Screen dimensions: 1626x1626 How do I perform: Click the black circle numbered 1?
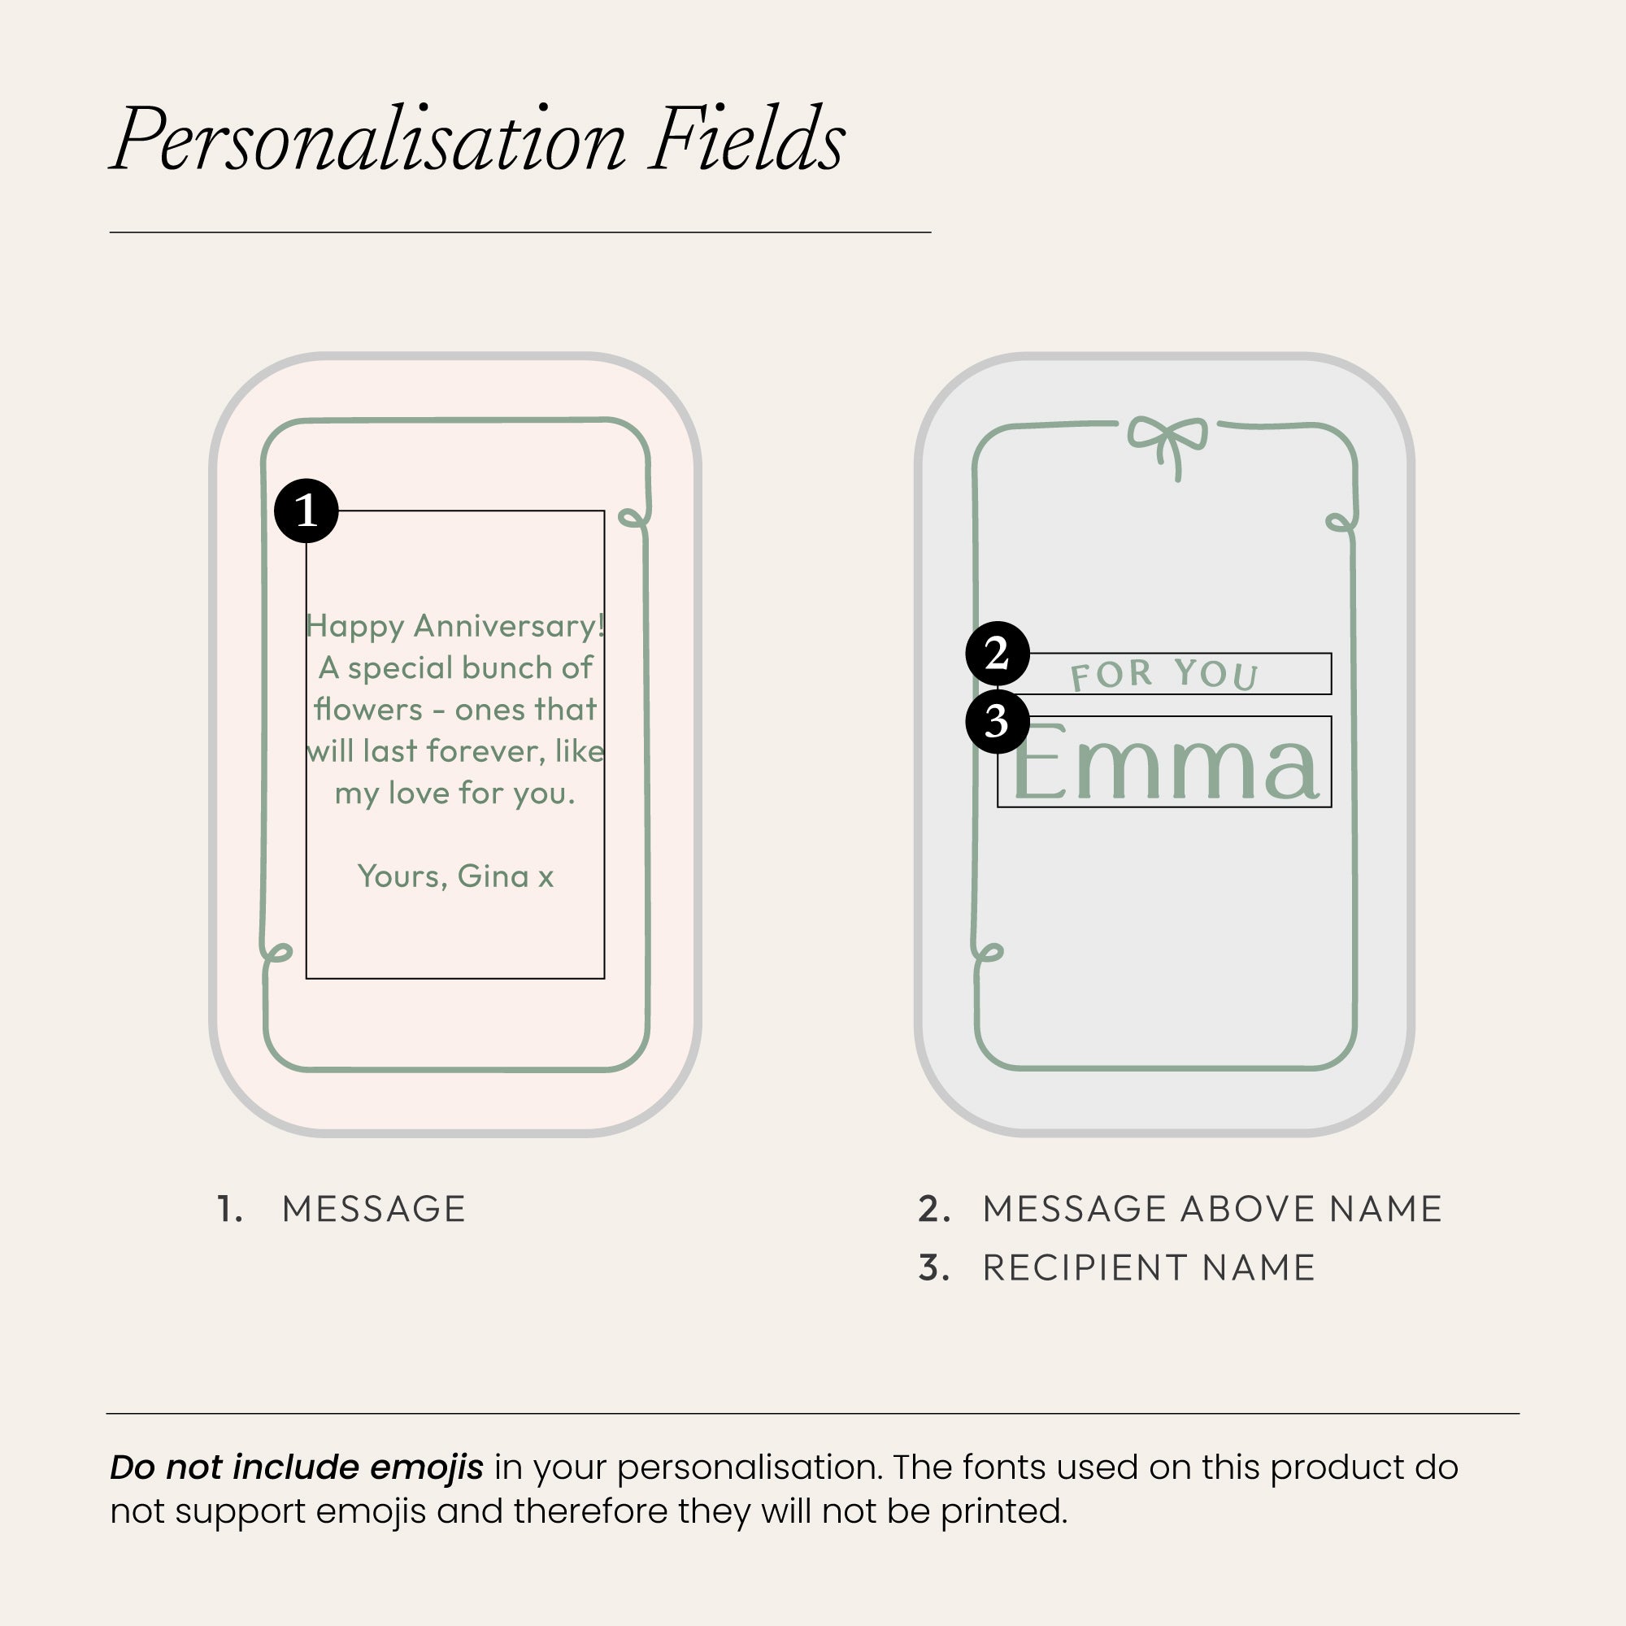pos(307,511)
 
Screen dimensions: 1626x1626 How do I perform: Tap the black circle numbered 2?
pos(998,654)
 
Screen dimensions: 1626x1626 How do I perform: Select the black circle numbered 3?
pos(998,722)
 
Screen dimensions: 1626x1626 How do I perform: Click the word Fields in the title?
pos(746,139)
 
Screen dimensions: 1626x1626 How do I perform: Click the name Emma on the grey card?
pos(1165,762)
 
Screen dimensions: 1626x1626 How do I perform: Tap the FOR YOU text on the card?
pos(1165,674)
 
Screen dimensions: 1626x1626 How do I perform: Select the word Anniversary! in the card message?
pos(509,626)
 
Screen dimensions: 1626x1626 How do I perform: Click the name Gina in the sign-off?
pos(493,876)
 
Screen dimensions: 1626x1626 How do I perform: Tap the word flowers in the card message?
pos(367,709)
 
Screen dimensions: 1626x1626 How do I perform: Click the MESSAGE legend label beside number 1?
pos(374,1210)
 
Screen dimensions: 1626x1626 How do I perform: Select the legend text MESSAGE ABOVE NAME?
pos(1213,1210)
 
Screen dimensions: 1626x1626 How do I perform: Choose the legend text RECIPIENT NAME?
pos(1149,1268)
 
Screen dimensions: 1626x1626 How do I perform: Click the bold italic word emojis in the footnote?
pos(427,1467)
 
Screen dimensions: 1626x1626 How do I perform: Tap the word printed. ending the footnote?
pos(1004,1511)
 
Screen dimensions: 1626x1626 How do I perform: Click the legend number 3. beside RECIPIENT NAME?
pos(934,1268)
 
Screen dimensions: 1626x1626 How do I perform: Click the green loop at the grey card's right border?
pos(1341,523)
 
